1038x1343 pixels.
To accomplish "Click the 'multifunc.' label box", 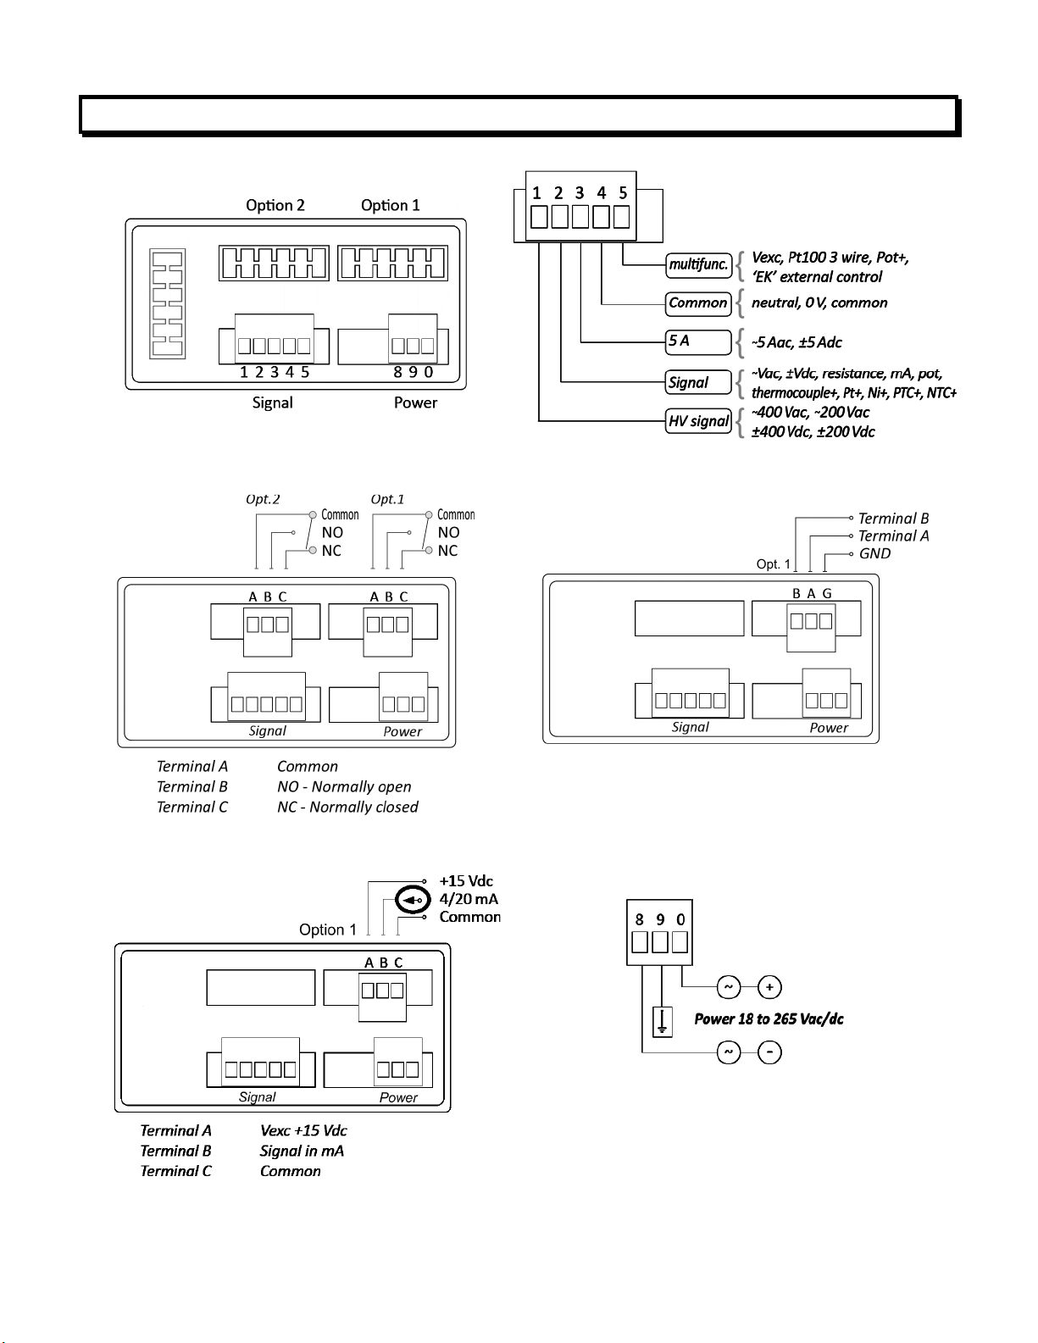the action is [x=698, y=265].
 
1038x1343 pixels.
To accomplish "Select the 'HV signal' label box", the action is [x=698, y=421].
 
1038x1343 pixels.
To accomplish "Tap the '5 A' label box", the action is [x=698, y=342].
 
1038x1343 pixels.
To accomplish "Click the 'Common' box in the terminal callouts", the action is [x=698, y=303].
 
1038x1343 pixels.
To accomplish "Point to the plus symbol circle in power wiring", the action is [x=769, y=987].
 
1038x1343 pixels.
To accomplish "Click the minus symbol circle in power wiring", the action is [x=769, y=1052].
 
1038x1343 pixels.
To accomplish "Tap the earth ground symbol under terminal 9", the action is [x=663, y=1022].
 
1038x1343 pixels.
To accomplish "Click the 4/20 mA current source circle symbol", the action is [x=412, y=900].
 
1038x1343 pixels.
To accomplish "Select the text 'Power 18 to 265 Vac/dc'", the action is [x=769, y=1019].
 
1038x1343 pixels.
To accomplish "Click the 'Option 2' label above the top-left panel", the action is [x=275, y=205].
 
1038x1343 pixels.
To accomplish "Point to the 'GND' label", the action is [x=874, y=553].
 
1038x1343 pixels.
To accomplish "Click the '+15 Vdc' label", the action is [x=466, y=880].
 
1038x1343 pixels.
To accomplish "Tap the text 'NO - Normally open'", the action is [x=344, y=787].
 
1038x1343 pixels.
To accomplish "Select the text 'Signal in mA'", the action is [x=302, y=1151].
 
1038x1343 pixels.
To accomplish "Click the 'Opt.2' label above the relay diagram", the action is [x=263, y=499].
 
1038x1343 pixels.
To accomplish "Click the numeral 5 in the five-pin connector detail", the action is [x=623, y=193].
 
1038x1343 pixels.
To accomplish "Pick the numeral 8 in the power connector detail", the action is [x=640, y=919].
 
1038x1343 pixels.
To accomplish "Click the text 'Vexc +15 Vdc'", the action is [x=303, y=1130].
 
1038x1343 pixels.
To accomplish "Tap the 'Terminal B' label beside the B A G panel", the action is [x=893, y=519].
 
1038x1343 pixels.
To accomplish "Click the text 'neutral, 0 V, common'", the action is [x=819, y=302].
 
